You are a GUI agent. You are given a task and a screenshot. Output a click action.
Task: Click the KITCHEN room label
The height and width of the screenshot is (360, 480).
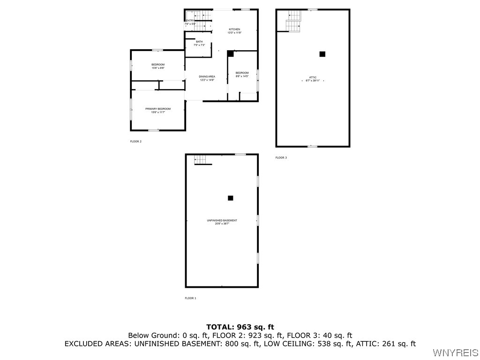click(x=234, y=30)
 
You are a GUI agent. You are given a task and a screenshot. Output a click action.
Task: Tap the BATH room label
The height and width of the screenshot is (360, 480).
click(x=199, y=42)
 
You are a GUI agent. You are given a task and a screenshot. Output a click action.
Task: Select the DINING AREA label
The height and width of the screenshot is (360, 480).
click(x=207, y=77)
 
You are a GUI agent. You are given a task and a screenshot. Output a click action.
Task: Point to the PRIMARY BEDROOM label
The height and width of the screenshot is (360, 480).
click(x=157, y=109)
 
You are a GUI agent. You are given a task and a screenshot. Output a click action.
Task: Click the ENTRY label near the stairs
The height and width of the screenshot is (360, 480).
click(x=190, y=21)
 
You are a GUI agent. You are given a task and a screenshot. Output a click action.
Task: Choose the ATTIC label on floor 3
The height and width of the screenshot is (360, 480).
click(x=313, y=77)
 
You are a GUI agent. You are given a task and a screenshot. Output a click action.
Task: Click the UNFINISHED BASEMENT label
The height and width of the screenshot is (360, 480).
click(x=222, y=221)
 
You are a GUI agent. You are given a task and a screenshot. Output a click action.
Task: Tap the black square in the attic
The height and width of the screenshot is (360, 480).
click(x=322, y=54)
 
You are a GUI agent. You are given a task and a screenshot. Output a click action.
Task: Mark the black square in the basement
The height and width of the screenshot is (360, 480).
click(x=230, y=198)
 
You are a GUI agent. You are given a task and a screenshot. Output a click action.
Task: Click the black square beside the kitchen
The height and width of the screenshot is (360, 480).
click(x=230, y=54)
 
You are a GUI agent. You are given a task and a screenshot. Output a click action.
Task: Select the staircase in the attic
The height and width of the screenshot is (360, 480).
click(x=293, y=21)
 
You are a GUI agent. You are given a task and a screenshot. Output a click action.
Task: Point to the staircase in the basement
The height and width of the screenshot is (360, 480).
click(x=201, y=160)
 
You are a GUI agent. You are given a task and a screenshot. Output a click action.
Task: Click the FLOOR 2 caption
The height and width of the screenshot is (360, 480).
click(x=135, y=141)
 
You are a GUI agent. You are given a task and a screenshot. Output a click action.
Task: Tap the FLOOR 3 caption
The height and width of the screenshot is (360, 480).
click(x=281, y=157)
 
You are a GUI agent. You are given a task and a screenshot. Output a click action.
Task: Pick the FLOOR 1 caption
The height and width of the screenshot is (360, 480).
click(x=190, y=298)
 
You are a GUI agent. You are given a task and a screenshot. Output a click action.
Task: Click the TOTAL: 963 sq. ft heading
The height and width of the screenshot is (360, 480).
click(x=240, y=327)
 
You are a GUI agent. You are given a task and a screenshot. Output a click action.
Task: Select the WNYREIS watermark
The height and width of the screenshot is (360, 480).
click(x=456, y=352)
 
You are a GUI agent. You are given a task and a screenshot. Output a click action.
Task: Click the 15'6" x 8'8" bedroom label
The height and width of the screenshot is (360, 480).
click(x=157, y=66)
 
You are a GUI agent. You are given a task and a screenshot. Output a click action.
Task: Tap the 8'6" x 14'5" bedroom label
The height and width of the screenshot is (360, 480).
click(x=242, y=75)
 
